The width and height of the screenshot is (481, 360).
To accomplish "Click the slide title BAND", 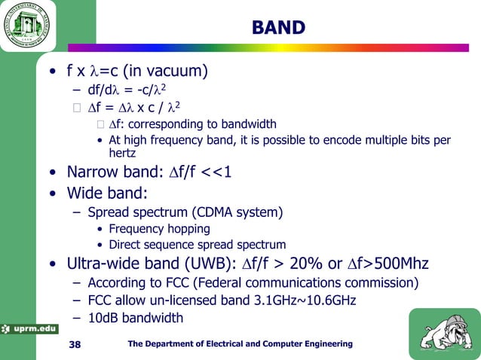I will (x=278, y=28).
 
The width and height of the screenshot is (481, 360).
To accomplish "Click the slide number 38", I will (x=75, y=344).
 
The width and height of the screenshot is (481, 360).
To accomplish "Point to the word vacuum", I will (x=175, y=72).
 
